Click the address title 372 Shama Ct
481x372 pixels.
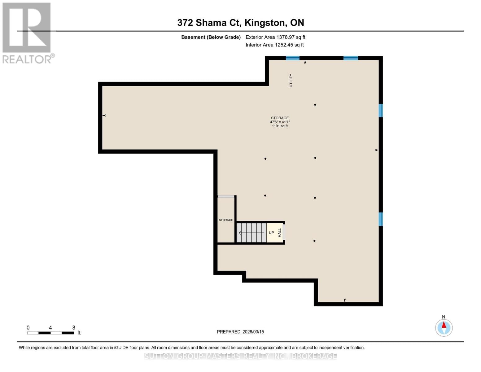point(240,23)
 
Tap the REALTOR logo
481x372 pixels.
point(27,33)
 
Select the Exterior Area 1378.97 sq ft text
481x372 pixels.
point(275,37)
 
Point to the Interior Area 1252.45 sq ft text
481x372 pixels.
point(274,45)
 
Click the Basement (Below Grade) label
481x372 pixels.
point(211,37)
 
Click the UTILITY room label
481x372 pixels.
point(291,80)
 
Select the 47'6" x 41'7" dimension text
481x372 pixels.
point(280,122)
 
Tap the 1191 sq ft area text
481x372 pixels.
point(280,126)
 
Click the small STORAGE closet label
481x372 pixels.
point(226,220)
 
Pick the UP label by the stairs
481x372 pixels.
point(271,233)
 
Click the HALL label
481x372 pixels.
point(280,233)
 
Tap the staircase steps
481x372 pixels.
point(251,233)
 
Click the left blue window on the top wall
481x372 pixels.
point(292,58)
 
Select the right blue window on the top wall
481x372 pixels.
point(351,58)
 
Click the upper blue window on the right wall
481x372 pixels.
point(381,110)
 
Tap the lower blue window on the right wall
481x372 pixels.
point(381,219)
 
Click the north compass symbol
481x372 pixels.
point(444,328)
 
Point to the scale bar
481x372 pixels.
point(50,333)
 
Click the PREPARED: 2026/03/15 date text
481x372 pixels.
point(240,332)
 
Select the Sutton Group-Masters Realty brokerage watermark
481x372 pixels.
point(240,356)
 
